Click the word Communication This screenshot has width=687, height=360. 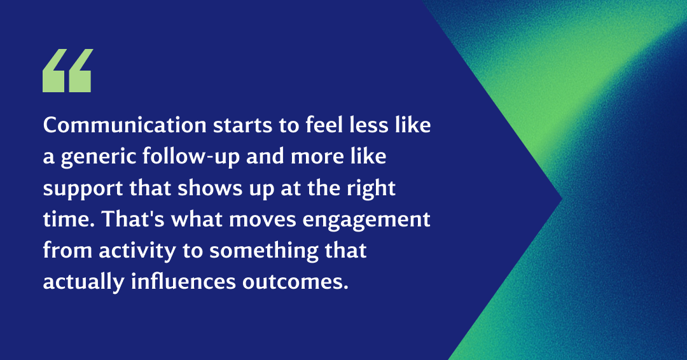(125, 125)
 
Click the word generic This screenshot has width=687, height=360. (99, 158)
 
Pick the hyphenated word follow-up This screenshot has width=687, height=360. (191, 158)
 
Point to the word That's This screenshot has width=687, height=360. (133, 219)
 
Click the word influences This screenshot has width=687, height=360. (184, 282)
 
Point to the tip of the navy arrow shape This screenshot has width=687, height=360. (562, 200)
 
